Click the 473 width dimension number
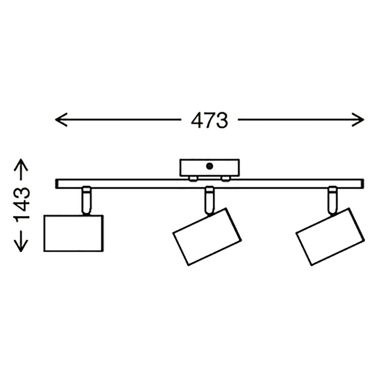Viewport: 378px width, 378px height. (209, 120)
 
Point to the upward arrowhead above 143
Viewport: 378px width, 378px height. (22, 166)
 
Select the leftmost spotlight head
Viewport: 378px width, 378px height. (72, 233)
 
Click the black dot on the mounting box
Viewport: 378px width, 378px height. (209, 167)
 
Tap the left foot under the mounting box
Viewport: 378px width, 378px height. (190, 178)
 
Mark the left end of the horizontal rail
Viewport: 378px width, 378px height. (58, 185)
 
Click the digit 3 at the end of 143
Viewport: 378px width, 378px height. (22, 191)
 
